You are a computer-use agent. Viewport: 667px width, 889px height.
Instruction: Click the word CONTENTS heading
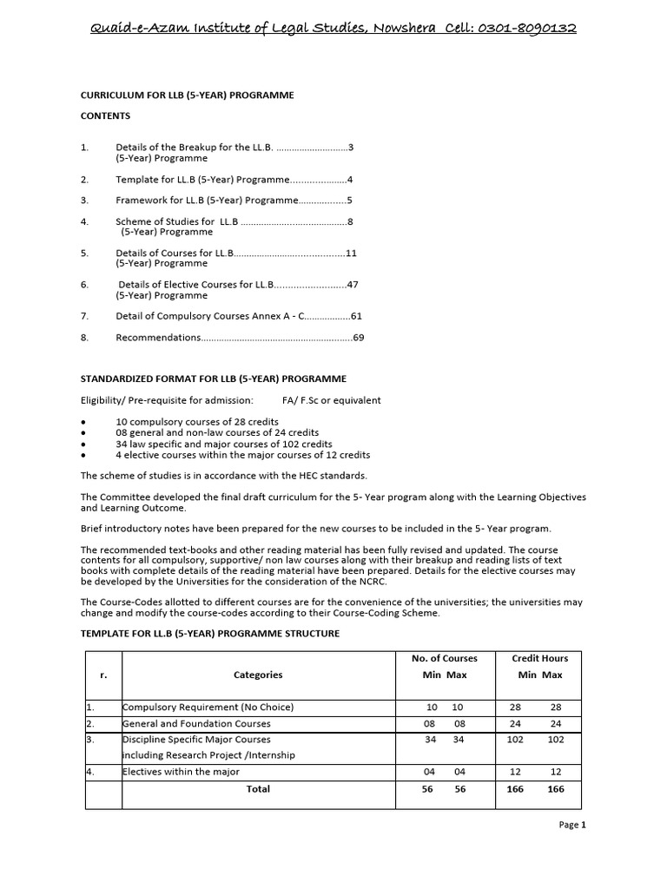(106, 115)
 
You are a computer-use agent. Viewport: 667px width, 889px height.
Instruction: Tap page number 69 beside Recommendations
(358, 337)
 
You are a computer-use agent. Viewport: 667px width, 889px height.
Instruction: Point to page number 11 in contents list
(352, 254)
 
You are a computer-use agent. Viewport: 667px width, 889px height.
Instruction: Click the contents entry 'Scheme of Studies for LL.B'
(177, 222)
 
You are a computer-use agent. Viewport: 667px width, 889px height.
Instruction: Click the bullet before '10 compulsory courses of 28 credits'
(83, 421)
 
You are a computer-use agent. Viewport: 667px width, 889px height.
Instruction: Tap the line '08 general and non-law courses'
(217, 432)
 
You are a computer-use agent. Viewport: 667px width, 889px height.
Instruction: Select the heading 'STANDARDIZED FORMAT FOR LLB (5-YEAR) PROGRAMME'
(214, 379)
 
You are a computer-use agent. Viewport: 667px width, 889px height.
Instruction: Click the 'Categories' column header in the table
(258, 675)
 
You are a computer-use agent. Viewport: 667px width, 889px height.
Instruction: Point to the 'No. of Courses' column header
(444, 659)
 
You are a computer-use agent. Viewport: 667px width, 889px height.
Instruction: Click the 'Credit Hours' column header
(540, 659)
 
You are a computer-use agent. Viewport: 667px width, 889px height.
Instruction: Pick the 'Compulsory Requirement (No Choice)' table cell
(208, 708)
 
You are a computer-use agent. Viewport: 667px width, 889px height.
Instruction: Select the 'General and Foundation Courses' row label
(196, 723)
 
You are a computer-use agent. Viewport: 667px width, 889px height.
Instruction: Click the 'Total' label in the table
(258, 789)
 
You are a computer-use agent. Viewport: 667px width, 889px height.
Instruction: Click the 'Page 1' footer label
(572, 825)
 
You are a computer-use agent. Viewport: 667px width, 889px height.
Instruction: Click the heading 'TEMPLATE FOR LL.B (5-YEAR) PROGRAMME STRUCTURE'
(210, 634)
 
